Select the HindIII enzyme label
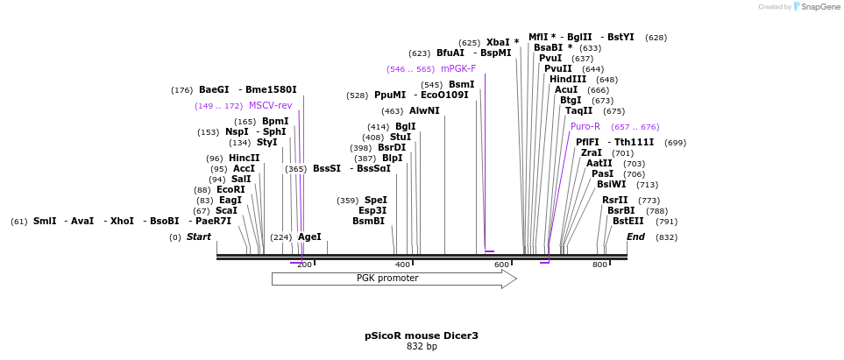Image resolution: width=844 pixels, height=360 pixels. [x=568, y=79]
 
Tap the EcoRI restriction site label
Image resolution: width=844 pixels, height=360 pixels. [x=231, y=189]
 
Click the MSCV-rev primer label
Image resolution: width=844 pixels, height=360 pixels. [x=270, y=105]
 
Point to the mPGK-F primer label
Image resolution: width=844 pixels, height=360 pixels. [x=458, y=68]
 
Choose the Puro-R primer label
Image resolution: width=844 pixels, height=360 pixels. [x=585, y=126]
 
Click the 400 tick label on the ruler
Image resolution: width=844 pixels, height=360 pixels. [x=402, y=265]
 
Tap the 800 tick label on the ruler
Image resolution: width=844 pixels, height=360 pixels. [x=599, y=265]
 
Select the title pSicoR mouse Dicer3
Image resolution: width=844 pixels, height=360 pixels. [x=422, y=335]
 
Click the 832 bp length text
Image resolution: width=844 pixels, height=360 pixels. [x=422, y=347]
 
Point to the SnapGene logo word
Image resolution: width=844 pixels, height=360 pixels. [x=816, y=7]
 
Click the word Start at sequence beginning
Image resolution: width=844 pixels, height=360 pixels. [x=199, y=236]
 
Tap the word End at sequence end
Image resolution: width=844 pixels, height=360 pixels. [x=635, y=236]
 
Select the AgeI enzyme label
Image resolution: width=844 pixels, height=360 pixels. [x=309, y=236]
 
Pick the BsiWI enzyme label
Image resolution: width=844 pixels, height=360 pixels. [x=612, y=184]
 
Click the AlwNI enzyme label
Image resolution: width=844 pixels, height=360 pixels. [x=424, y=110]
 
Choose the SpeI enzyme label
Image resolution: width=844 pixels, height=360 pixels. [x=375, y=200]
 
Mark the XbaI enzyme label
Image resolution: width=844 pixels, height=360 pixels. [x=498, y=42]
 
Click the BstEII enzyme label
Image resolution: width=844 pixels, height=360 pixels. [x=628, y=221]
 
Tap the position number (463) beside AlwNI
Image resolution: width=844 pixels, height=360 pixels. [x=393, y=111]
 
